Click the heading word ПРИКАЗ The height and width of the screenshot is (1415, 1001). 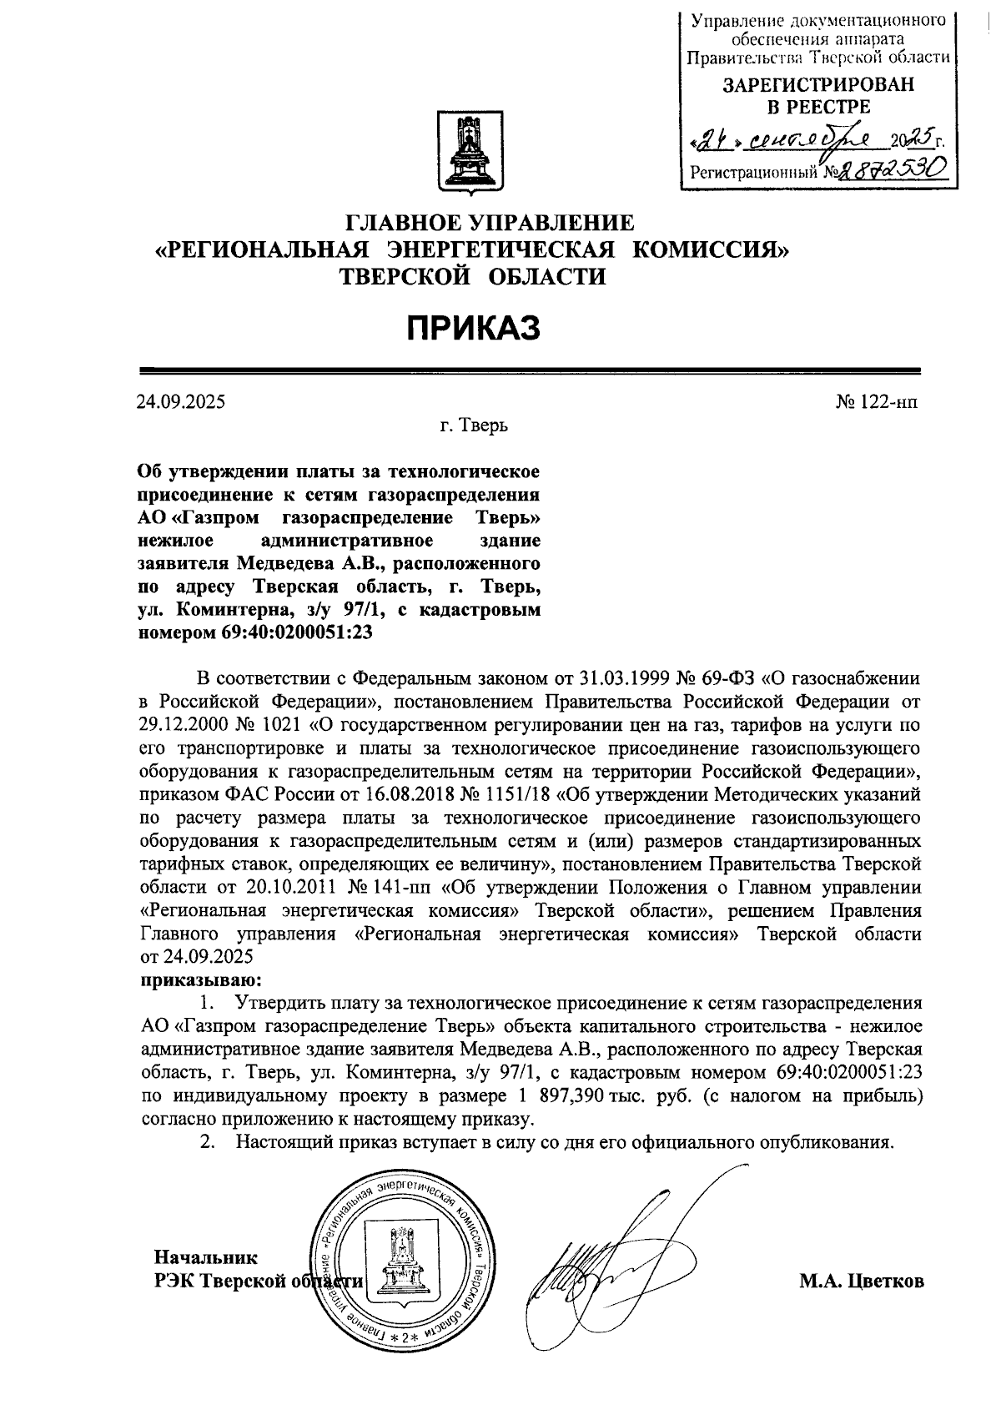pyautogui.click(x=473, y=328)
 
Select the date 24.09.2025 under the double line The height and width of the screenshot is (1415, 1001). pyautogui.click(x=181, y=401)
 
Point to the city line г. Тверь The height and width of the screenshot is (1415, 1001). pyautogui.click(x=474, y=426)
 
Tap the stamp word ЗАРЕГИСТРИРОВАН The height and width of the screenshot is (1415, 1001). pyautogui.click(x=817, y=84)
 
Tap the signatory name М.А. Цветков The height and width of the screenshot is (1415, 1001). pyautogui.click(x=862, y=1282)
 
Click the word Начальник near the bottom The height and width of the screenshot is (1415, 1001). pyautogui.click(x=206, y=1257)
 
